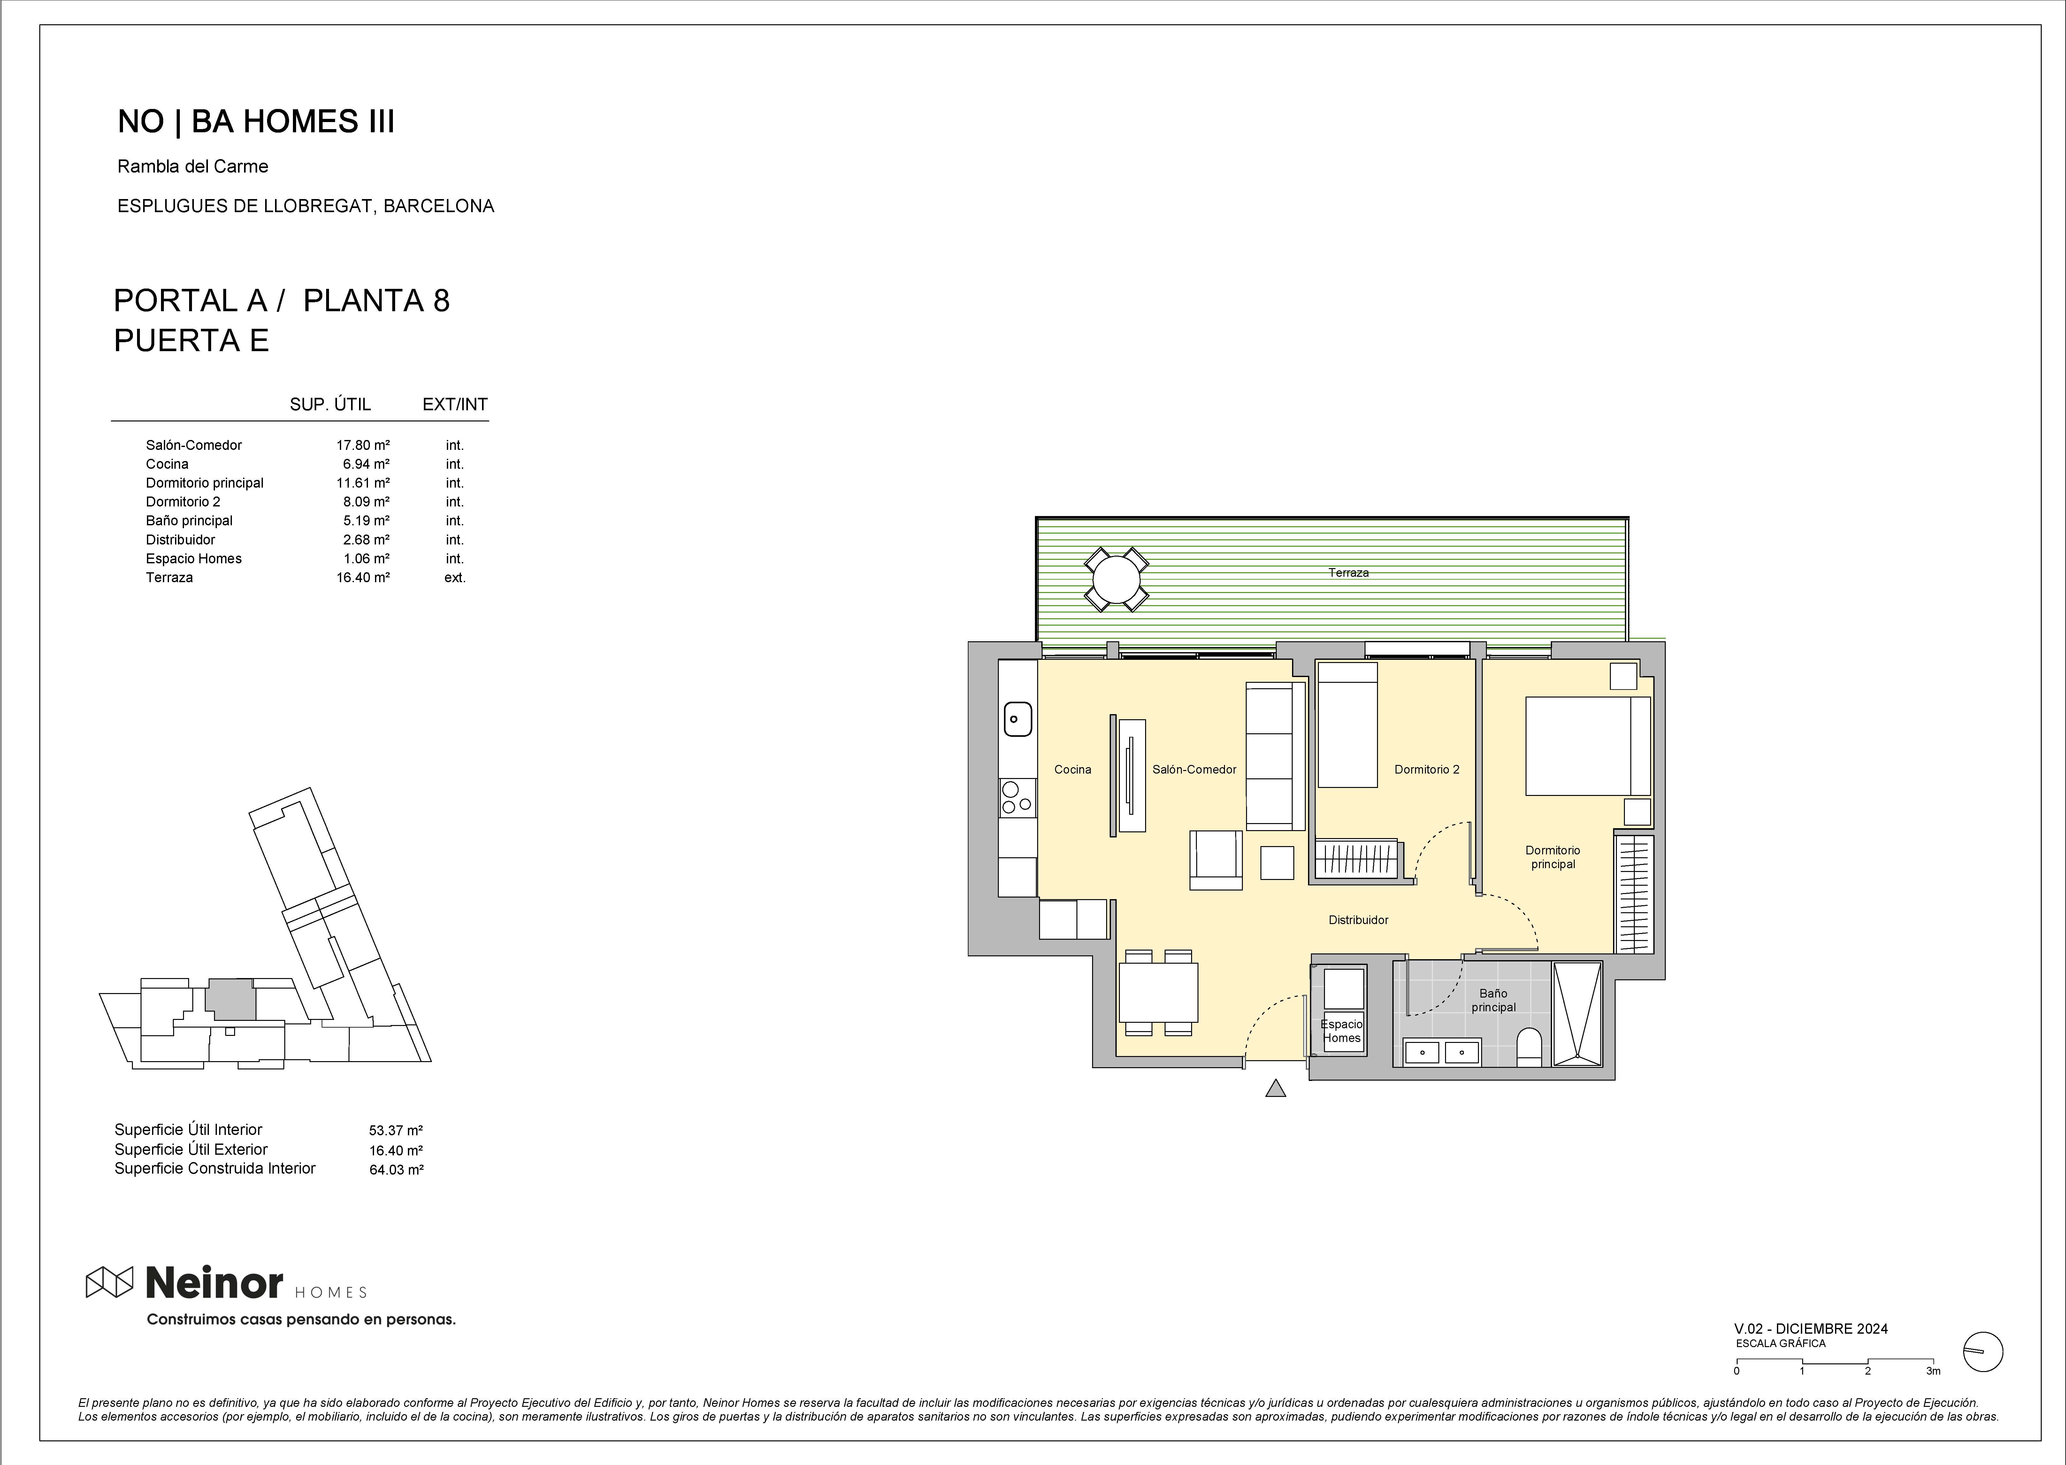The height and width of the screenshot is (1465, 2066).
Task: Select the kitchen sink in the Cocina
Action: point(1017,719)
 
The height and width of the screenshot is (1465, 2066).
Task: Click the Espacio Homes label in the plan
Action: point(1342,1031)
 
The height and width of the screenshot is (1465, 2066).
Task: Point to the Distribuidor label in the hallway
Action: point(1358,920)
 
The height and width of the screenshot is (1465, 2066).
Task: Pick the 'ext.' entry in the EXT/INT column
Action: point(455,577)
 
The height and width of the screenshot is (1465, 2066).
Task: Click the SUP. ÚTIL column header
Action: point(330,404)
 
